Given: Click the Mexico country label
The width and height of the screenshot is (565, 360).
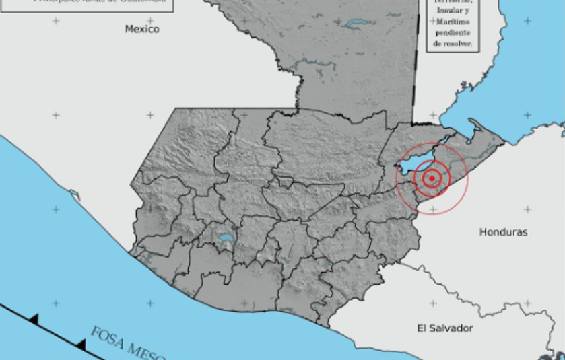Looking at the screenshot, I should [x=142, y=29].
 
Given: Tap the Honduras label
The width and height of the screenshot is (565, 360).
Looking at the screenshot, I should [x=503, y=232].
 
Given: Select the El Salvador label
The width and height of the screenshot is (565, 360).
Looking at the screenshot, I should [x=444, y=328].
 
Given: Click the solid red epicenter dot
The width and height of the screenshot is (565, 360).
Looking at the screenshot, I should [x=431, y=178].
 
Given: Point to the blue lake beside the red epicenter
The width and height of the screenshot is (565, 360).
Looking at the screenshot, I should [x=409, y=166].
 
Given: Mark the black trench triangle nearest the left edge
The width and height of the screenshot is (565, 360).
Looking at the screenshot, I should [x=33, y=318].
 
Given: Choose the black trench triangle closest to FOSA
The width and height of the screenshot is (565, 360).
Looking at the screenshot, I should [x=81, y=345].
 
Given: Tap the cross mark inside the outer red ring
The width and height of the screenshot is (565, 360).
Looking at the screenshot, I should [x=432, y=209].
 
